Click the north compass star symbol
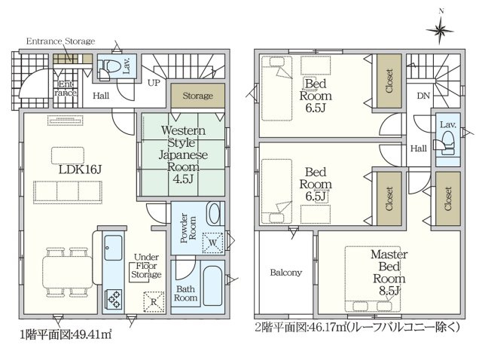point(440,30)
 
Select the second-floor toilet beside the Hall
point(447,142)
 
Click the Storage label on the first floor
point(197,96)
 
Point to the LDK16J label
point(80,169)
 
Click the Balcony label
point(286,273)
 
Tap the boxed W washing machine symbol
point(212,243)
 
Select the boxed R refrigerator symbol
point(154,301)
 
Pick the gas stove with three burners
point(113,299)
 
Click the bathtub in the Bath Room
point(212,286)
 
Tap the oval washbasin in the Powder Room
point(214,213)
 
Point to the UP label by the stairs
point(154,83)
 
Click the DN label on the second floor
point(423,96)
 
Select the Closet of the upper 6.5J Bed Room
point(389,81)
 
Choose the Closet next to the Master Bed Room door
point(448,199)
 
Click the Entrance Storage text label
point(60,41)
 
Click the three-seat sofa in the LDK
point(68,192)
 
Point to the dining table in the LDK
point(68,272)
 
